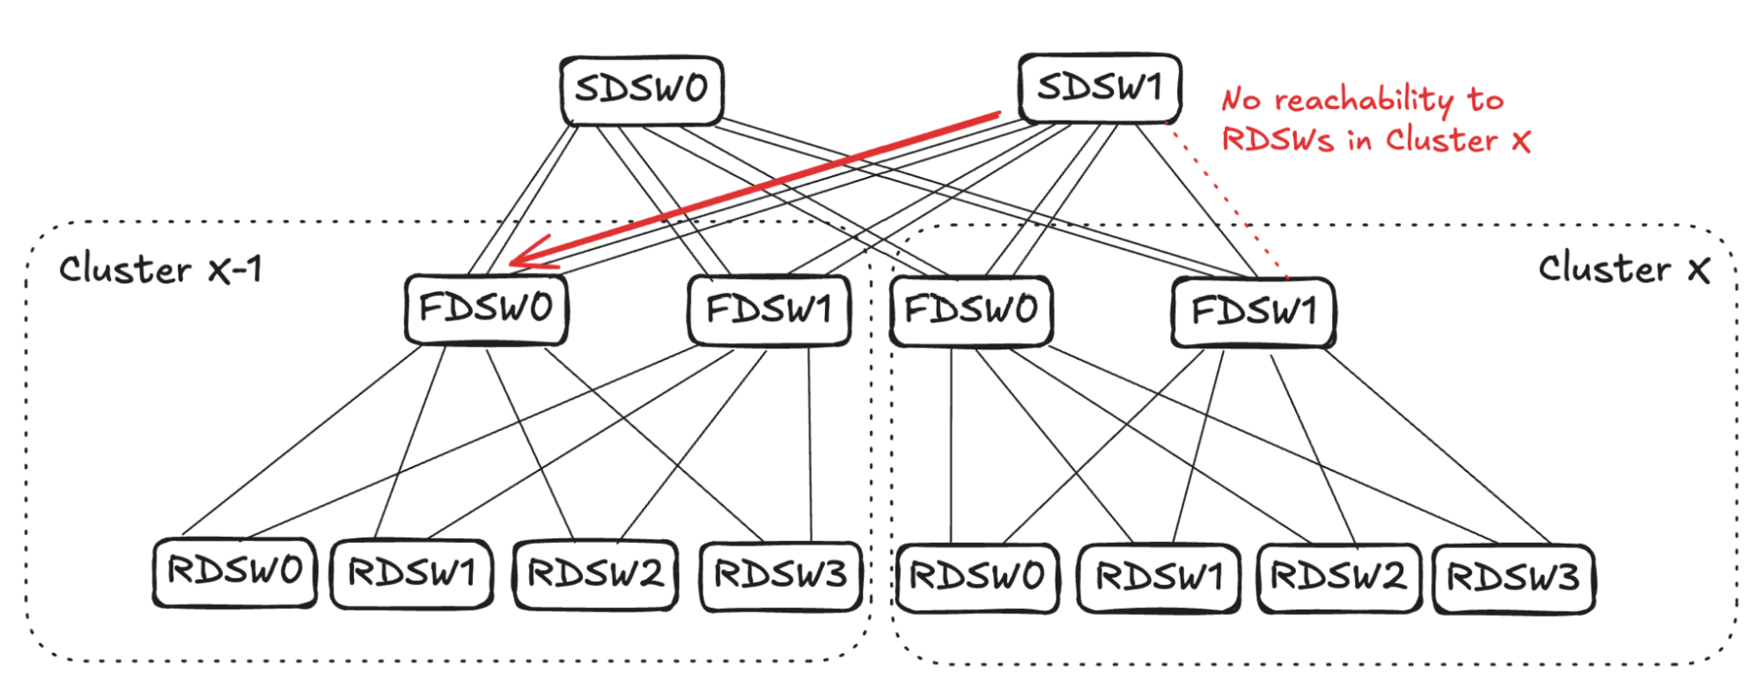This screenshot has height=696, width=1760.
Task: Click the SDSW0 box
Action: (641, 90)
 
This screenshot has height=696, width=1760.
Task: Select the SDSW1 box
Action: (1099, 87)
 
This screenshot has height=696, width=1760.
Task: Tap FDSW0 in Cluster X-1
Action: (486, 309)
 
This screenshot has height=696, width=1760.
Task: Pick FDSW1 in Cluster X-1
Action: (769, 310)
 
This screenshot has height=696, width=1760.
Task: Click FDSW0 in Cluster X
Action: (971, 311)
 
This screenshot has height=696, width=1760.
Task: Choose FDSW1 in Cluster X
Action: (1253, 311)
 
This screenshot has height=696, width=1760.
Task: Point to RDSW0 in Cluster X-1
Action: (234, 572)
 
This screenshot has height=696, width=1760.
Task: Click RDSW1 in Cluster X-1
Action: (411, 574)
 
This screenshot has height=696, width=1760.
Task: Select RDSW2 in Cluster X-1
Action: (595, 575)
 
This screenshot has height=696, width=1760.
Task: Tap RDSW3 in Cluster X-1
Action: (780, 575)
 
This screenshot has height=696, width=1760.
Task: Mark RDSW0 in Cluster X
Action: (976, 577)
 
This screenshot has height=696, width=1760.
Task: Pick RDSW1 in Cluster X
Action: (1159, 578)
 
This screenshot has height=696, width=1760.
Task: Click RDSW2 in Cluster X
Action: (1338, 578)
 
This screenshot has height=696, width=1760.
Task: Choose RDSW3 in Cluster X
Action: (1513, 578)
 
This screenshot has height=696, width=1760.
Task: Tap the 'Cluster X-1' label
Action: (160, 269)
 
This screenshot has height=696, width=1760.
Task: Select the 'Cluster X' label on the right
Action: (1624, 268)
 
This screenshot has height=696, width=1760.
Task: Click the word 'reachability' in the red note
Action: (1364, 100)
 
